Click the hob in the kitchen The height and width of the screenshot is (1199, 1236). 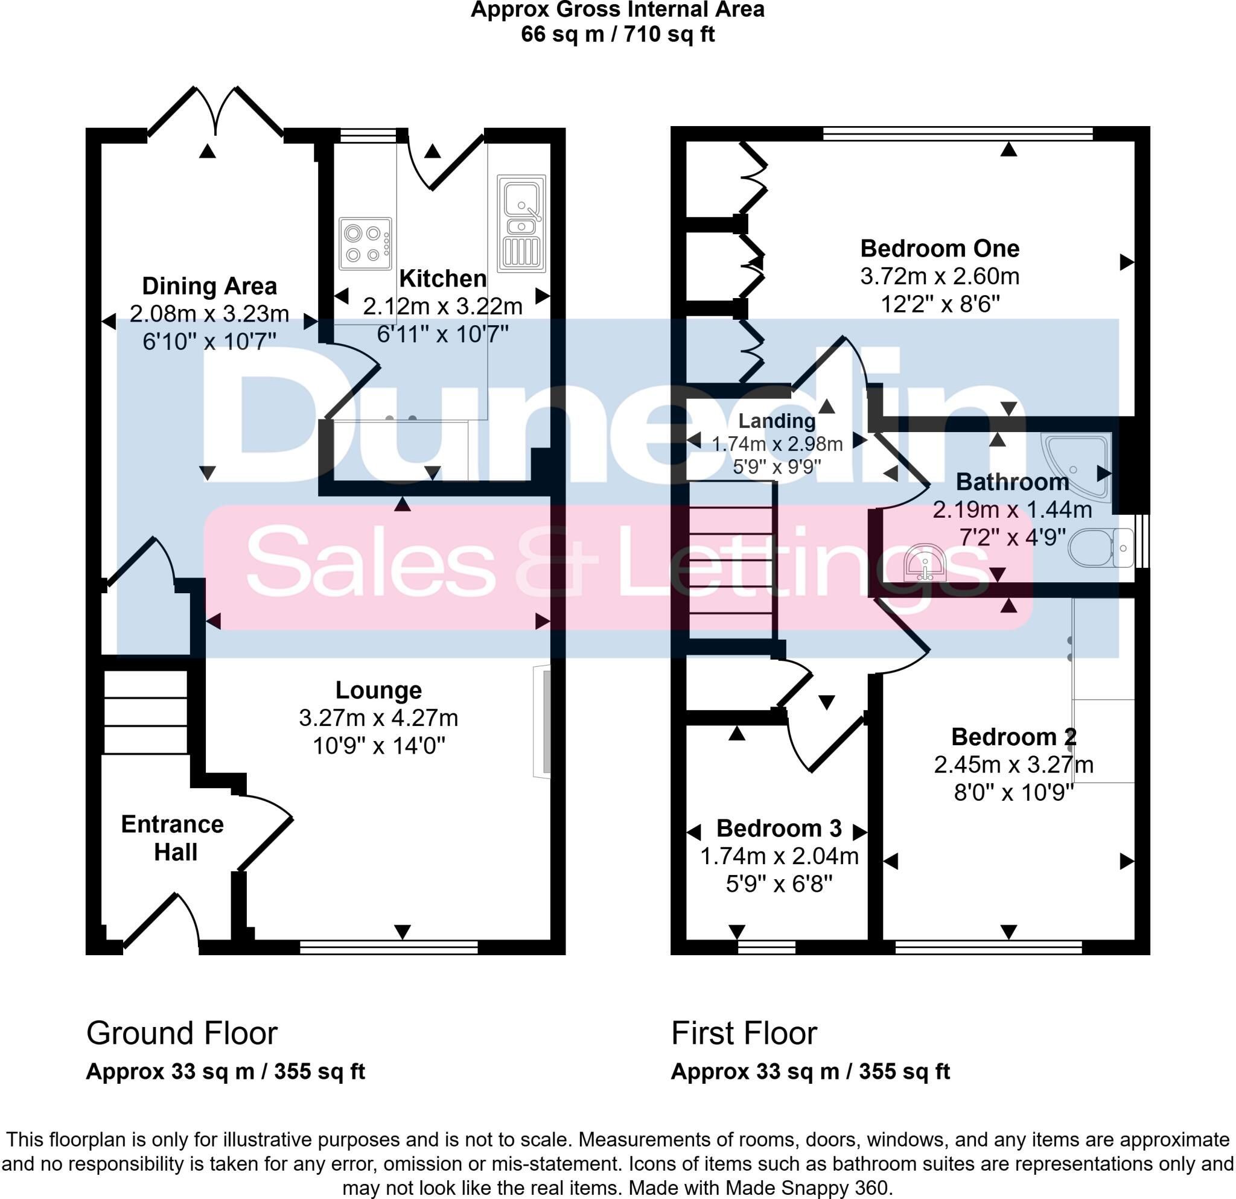[365, 244]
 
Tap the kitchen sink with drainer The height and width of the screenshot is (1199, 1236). [521, 223]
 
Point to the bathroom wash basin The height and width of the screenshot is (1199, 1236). [925, 562]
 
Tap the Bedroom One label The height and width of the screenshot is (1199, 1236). [940, 249]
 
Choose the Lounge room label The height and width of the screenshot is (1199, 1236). [378, 691]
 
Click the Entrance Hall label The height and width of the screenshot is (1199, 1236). [173, 838]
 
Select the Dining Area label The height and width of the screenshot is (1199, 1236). [209, 286]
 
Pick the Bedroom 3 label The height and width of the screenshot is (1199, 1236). [779, 828]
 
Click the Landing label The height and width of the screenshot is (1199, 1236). [777, 421]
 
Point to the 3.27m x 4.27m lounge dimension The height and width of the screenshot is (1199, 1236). [378, 718]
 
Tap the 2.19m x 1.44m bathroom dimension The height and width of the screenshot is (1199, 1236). [1012, 509]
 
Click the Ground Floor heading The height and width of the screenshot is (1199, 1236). [182, 1033]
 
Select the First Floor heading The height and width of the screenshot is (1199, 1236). [744, 1033]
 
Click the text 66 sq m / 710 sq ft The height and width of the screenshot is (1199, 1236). [618, 33]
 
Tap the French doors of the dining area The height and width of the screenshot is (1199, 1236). [215, 112]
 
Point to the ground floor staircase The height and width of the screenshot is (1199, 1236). [145, 711]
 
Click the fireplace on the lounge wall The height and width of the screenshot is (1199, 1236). [543, 721]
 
